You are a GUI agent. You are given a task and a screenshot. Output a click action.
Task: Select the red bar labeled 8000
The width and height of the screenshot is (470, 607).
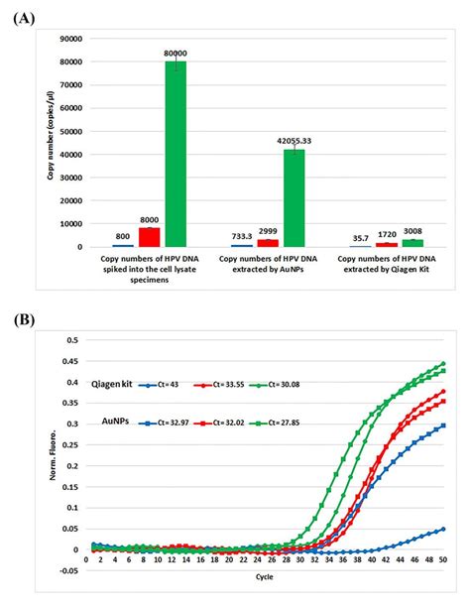150,237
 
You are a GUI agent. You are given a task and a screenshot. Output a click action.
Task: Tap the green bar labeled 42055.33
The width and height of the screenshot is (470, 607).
294,197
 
